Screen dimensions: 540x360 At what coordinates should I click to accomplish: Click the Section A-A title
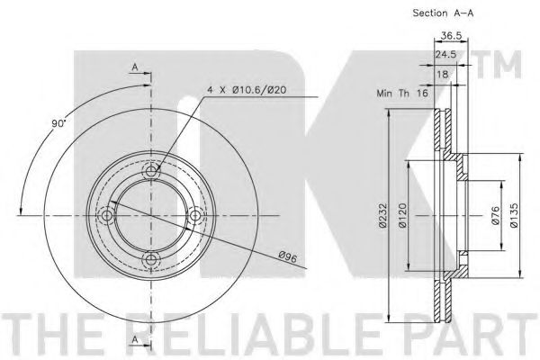point(443,13)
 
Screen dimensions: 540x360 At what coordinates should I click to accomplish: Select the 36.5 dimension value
point(451,35)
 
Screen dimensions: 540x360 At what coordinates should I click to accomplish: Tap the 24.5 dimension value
point(445,54)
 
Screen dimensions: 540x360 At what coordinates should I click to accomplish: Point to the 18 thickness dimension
point(443,74)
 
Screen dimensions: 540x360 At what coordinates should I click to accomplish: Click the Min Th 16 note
point(402,93)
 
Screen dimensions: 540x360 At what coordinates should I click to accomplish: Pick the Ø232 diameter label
point(383,215)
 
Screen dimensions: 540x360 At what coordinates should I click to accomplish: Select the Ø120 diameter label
point(402,215)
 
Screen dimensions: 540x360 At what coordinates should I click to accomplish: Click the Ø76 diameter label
point(495,215)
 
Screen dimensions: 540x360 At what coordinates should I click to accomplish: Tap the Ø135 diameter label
point(514,215)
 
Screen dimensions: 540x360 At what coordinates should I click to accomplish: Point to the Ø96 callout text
point(288,257)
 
